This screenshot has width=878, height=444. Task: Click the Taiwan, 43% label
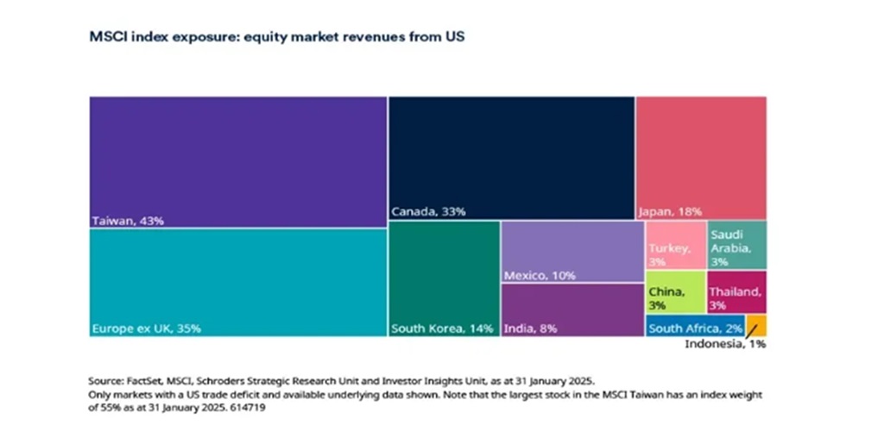point(128,221)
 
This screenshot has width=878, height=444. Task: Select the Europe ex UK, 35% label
point(146,328)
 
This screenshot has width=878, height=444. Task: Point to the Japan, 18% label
point(670,211)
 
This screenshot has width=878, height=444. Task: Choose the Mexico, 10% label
point(540,276)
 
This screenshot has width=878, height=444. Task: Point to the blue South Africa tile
point(695,327)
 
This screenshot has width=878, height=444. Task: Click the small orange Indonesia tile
point(756,326)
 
